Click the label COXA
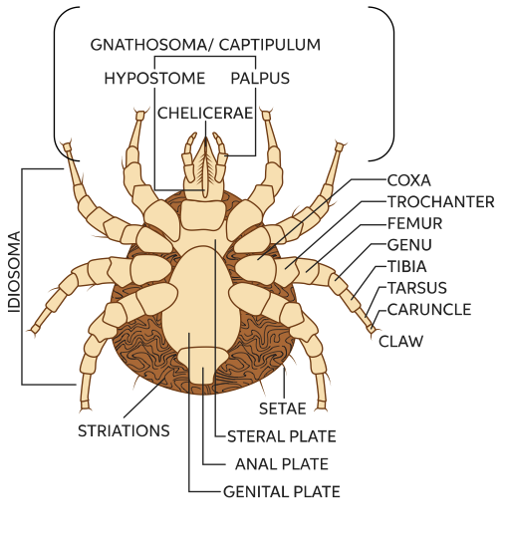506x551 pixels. [408, 180]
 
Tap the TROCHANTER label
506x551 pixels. [440, 202]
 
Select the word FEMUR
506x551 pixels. [414, 223]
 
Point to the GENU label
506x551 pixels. [409, 245]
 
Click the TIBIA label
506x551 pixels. [407, 266]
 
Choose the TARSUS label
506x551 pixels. [417, 288]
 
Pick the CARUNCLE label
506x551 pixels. [429, 310]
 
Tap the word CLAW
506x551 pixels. [400, 341]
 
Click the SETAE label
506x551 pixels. [282, 409]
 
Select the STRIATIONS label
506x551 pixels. [124, 430]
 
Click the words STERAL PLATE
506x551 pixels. [282, 436]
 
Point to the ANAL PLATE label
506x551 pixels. [282, 464]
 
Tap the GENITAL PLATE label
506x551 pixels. [282, 491]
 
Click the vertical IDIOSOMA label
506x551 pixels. [14, 272]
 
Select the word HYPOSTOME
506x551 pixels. [154, 78]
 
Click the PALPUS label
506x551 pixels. [260, 78]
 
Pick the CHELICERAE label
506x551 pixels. [205, 114]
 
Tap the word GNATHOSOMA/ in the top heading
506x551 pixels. [152, 45]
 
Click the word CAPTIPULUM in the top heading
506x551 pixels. [270, 45]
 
